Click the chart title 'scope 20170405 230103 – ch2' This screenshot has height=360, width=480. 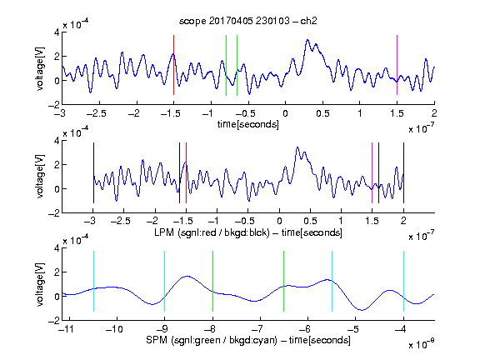248,21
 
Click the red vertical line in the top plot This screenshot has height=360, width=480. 173,65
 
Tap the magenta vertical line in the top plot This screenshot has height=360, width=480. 397,65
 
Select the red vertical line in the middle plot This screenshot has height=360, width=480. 186,172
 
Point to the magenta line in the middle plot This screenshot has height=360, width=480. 372,172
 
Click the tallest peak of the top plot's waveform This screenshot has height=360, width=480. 307,40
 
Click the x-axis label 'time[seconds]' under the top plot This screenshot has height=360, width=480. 248,124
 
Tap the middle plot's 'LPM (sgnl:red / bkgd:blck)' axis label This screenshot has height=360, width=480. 212,232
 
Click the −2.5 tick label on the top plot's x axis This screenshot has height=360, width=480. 96,113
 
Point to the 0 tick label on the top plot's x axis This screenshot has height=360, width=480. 285,113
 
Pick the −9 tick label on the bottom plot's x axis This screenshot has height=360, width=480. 162,329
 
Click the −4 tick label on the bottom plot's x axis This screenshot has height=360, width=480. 401,329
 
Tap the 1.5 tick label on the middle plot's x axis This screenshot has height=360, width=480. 372,221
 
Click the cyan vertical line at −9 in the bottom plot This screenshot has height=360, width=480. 164,281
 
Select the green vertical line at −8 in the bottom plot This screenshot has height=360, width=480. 212,281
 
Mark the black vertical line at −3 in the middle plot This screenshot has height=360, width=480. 93,172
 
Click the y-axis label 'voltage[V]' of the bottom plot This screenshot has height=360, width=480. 40,284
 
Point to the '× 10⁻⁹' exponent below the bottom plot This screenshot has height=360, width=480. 422,344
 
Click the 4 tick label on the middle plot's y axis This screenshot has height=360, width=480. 57,141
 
